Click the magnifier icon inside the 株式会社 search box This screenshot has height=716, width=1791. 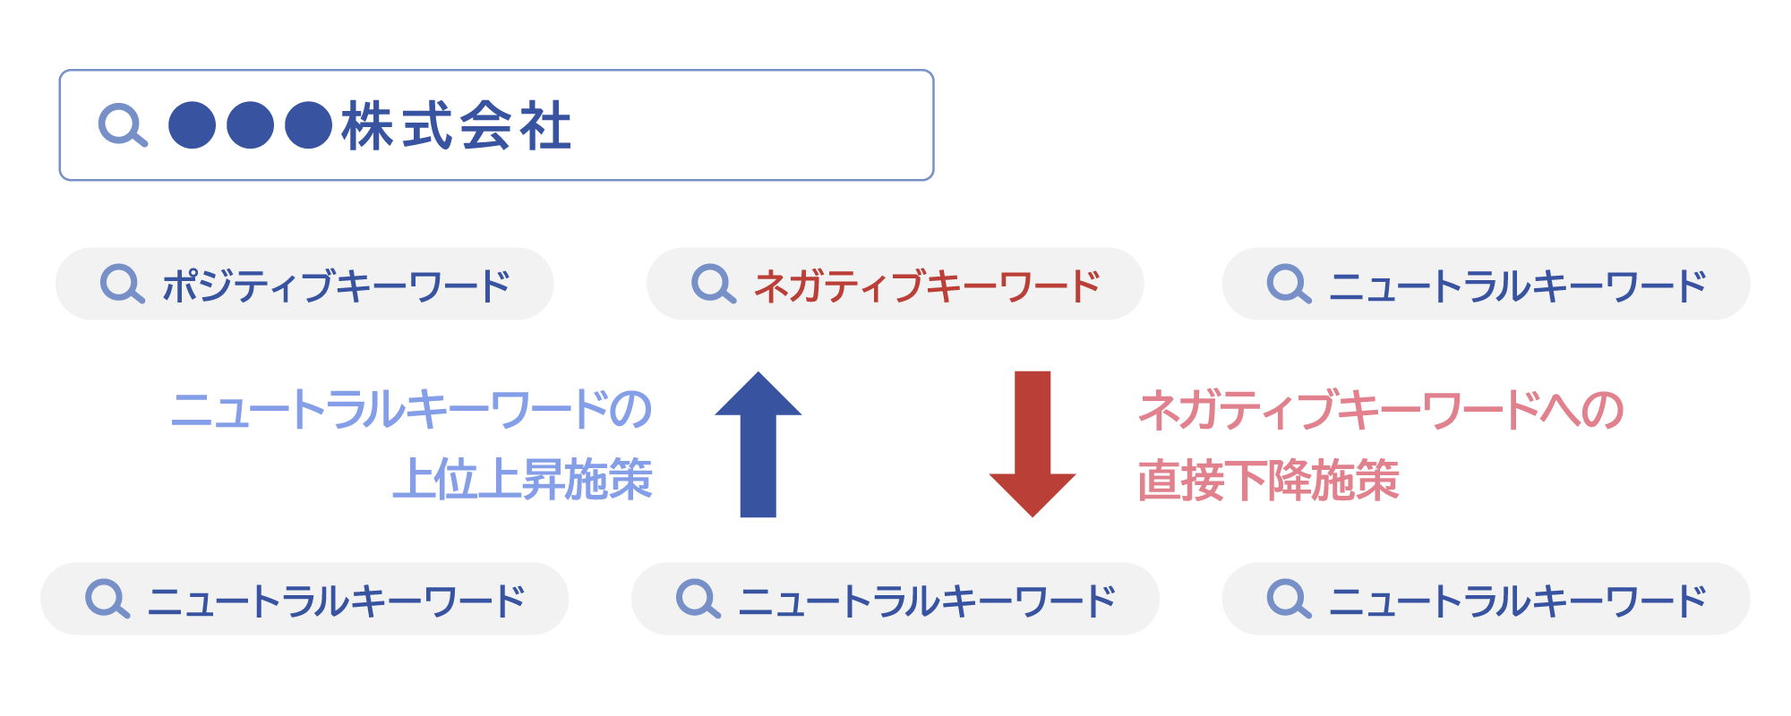point(123,125)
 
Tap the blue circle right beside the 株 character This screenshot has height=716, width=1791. point(309,125)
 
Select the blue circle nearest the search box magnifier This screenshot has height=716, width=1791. point(193,125)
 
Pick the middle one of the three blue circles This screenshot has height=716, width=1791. point(251,125)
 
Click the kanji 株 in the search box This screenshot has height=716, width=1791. point(367,125)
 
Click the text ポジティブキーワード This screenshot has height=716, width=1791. point(336,286)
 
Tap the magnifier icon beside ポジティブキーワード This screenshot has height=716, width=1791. point(123,284)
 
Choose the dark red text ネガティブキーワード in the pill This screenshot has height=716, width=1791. point(927,286)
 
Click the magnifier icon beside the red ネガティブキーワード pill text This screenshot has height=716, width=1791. point(714,284)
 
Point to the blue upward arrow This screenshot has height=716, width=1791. point(758,444)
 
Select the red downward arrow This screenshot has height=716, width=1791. point(1033,444)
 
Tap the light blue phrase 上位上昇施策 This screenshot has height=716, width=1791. point(523,479)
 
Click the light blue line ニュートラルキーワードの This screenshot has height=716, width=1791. point(411,410)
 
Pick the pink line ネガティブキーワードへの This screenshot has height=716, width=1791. point(1381,410)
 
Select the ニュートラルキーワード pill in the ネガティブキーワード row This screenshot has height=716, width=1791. point(1486,284)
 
